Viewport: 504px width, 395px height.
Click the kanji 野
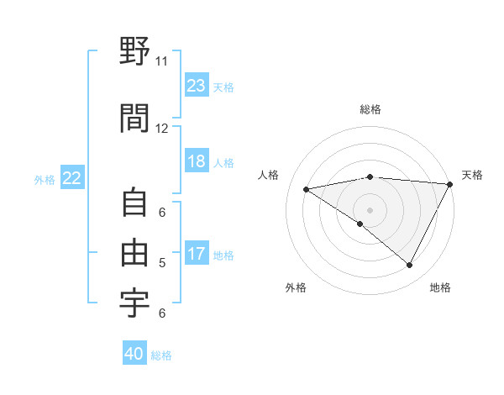[135, 53]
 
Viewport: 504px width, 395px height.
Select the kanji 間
[135, 118]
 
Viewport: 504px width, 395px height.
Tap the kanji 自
[135, 203]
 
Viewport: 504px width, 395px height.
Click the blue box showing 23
[197, 85]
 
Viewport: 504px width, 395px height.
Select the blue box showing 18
[197, 161]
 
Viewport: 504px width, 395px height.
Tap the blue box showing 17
[197, 254]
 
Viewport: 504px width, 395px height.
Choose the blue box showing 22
[72, 178]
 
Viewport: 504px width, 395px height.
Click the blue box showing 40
[134, 354]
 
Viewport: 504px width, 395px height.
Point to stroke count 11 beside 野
[161, 61]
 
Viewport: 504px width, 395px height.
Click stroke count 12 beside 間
[161, 128]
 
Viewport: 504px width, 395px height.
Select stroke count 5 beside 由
[161, 263]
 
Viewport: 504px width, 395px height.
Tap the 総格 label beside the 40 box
[162, 355]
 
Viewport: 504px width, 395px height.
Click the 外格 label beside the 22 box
[45, 179]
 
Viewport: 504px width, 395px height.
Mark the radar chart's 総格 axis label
[370, 109]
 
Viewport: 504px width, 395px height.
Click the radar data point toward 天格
[451, 184]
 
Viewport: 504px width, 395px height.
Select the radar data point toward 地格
[410, 266]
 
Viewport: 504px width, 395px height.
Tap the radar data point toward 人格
[306, 189]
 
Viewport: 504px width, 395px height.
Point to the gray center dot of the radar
[370, 209]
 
